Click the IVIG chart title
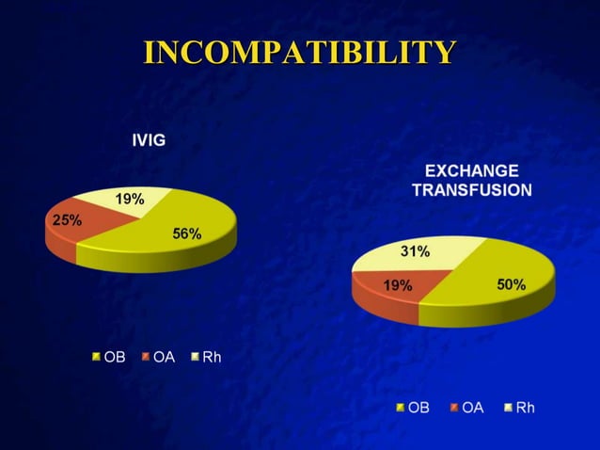pos(149,140)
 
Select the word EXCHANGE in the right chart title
pos(471,171)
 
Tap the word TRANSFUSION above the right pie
pos(471,189)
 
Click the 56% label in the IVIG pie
pos(186,233)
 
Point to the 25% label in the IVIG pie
pos(66,220)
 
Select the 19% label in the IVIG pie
pos(129,200)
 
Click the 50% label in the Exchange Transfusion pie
pos(511,284)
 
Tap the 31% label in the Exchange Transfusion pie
pos(417,251)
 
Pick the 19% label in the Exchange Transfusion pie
pos(397,285)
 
